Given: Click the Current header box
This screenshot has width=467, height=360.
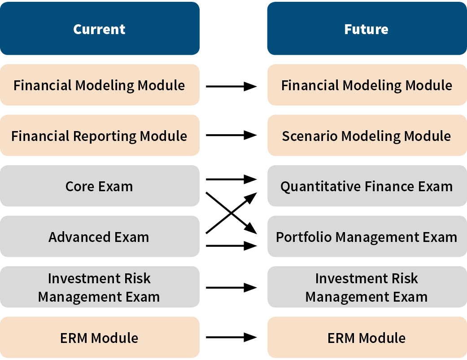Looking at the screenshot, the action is (x=100, y=28).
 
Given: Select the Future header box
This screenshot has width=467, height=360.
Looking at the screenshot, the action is (x=367, y=28).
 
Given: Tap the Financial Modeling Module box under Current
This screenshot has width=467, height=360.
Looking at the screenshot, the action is (x=100, y=85).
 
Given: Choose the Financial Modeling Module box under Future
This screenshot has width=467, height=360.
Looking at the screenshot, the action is (x=367, y=85).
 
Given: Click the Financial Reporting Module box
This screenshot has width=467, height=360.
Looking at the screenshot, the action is (x=100, y=135).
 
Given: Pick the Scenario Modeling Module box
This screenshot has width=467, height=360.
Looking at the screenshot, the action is (x=367, y=135).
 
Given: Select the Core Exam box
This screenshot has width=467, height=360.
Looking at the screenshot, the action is (x=100, y=186).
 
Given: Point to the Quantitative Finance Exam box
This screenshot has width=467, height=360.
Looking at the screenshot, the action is (x=367, y=186).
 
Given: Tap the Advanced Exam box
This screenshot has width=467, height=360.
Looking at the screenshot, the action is (x=100, y=236).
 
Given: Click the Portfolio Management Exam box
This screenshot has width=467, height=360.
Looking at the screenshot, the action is (x=367, y=236).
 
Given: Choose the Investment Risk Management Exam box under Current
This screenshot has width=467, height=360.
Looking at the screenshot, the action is (x=100, y=287).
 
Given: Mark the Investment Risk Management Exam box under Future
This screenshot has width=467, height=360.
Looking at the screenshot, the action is (x=367, y=287).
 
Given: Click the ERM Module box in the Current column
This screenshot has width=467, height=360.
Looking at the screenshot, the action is (x=100, y=338).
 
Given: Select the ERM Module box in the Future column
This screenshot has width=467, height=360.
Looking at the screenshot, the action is (x=367, y=338).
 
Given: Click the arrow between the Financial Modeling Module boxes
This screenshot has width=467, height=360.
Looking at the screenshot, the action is (x=231, y=87).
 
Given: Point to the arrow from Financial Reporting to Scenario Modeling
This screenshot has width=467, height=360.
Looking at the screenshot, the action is (x=231, y=135).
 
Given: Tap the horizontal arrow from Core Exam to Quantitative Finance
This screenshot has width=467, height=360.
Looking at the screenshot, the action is (x=231, y=179).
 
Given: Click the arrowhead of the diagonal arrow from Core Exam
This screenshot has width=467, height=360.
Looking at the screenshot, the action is (x=251, y=229).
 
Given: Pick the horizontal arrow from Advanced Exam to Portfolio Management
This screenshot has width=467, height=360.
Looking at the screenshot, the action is (x=231, y=246).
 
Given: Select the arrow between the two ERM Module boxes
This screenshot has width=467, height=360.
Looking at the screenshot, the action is (x=231, y=338).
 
